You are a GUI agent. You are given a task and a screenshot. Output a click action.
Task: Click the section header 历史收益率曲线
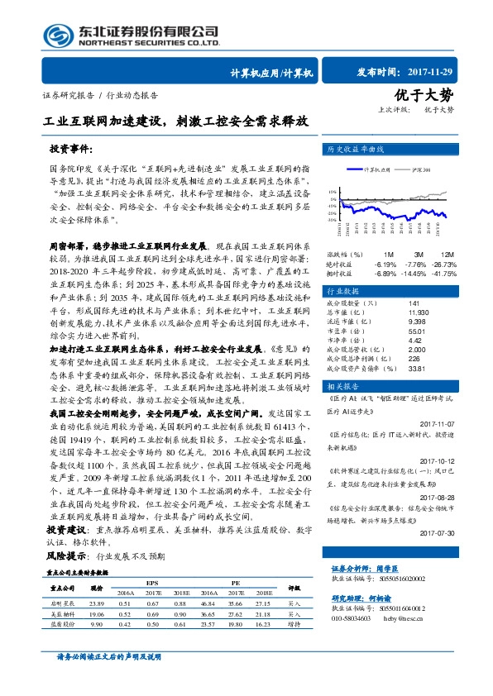[x=357, y=150]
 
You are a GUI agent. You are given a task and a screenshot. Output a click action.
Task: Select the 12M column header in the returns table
[x=447, y=254]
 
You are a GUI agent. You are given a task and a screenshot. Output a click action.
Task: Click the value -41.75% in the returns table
[x=442, y=273]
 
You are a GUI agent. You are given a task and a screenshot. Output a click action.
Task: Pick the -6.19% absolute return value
[x=385, y=263]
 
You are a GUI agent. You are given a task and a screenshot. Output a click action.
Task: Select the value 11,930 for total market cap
[x=395, y=312]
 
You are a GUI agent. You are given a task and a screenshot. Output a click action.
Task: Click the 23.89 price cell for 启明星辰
[x=96, y=604]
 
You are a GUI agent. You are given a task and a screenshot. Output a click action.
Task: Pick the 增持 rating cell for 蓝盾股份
[x=294, y=626]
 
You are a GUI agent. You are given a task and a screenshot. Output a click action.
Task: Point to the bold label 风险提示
[x=66, y=558]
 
